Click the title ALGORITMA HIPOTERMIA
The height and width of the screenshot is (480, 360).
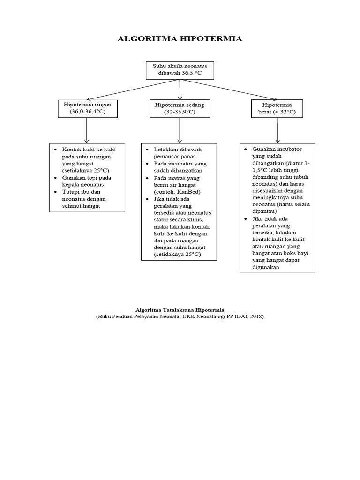180,39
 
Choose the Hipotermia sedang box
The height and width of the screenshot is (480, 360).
180,108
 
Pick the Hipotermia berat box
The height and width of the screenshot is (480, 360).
277,108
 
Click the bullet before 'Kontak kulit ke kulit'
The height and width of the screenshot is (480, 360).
56,150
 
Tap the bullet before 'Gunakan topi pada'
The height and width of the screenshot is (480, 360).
56,178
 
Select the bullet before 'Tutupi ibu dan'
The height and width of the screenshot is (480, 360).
56,192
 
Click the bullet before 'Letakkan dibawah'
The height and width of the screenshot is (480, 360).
147,150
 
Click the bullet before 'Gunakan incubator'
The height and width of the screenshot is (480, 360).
246,150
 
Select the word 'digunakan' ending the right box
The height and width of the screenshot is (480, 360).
266,267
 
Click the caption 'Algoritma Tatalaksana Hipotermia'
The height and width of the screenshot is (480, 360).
180,310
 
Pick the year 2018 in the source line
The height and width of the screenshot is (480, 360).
255,317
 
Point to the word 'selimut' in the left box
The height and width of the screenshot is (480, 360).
72,206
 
